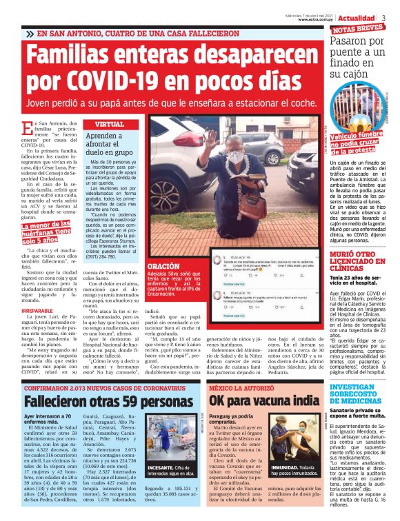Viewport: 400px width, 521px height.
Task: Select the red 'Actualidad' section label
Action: pos(356,17)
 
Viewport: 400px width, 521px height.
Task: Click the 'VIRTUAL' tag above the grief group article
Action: pos(109,124)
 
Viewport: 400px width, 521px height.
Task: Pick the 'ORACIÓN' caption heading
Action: pos(163,265)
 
